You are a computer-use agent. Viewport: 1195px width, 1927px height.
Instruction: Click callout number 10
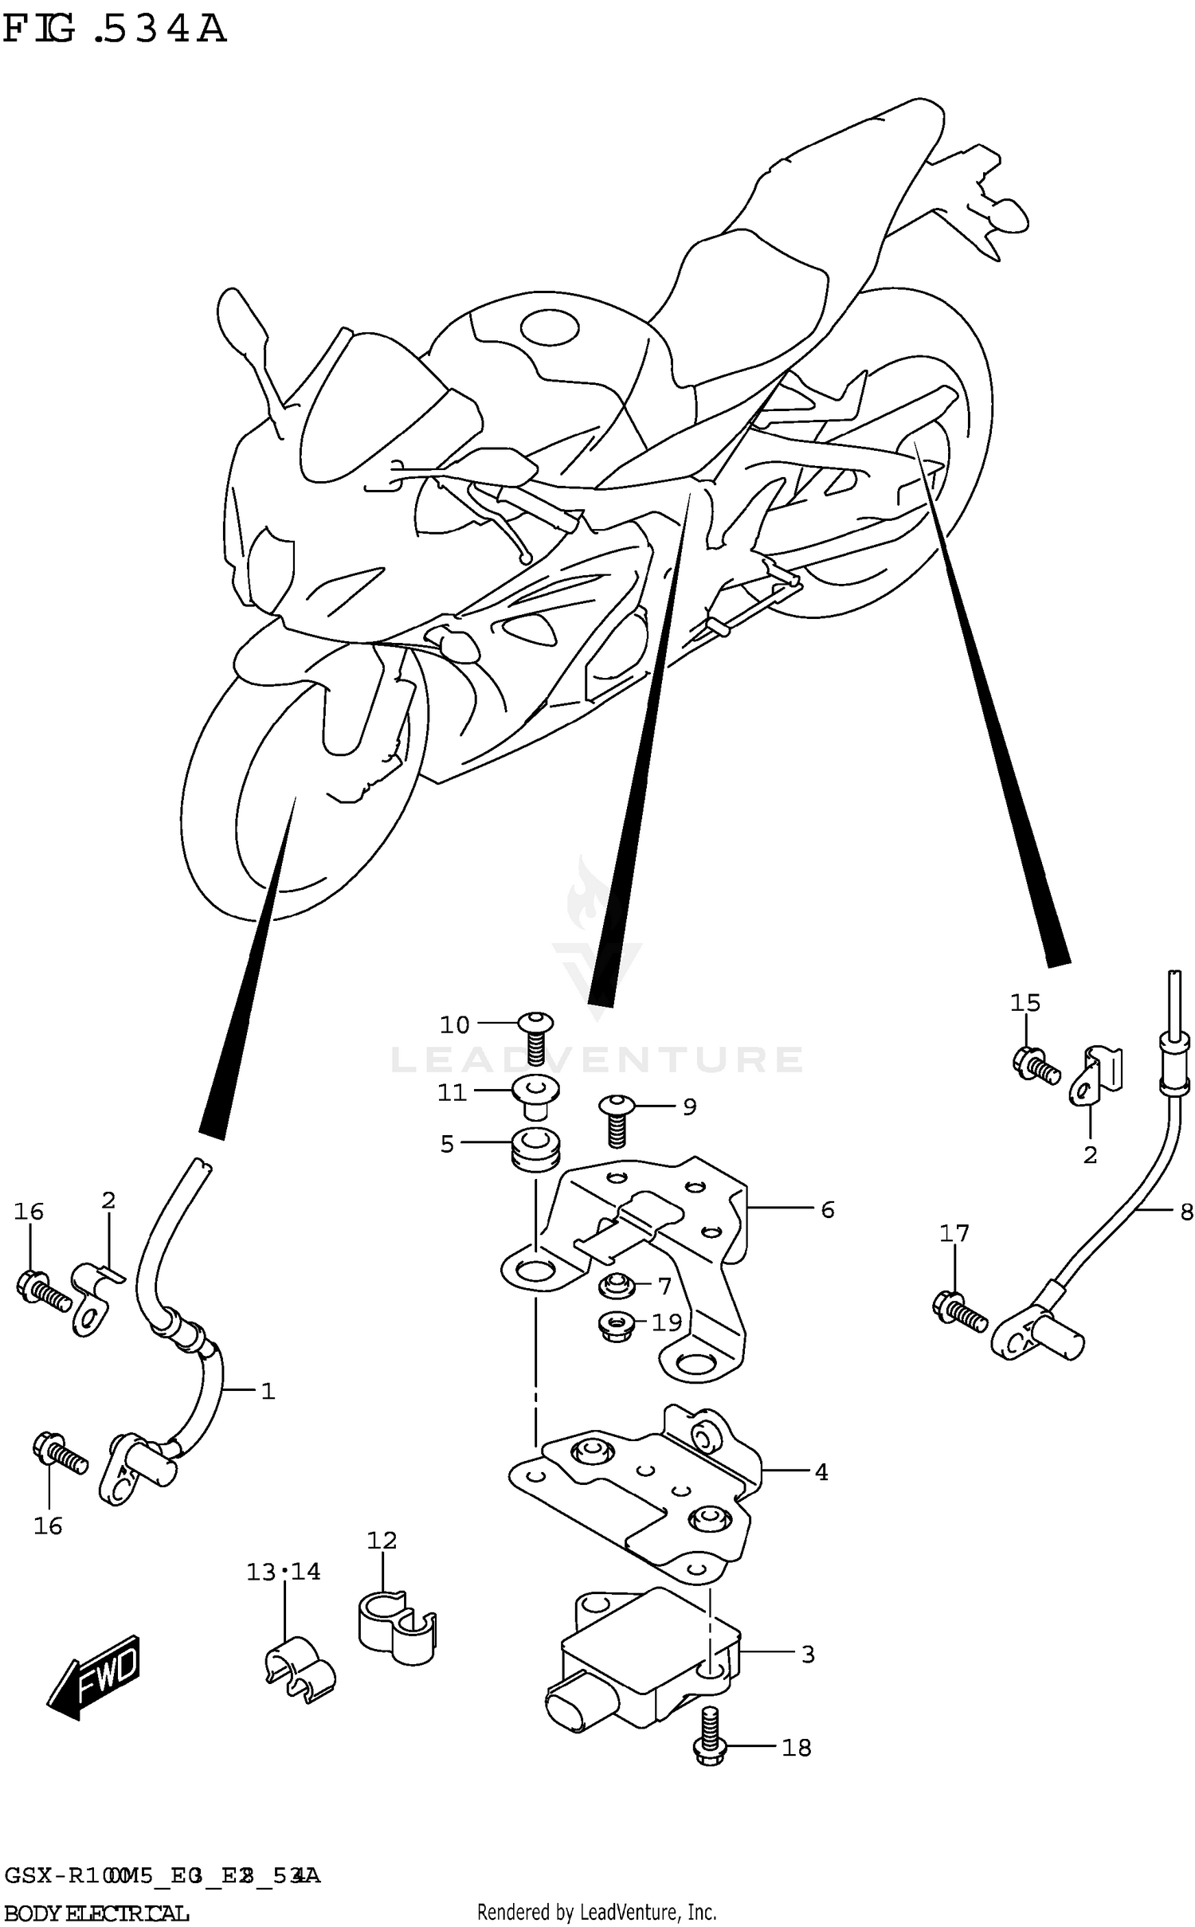[455, 1025]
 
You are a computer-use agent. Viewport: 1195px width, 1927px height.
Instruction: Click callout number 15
[1025, 1002]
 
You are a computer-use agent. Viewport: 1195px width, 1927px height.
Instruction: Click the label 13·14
[283, 1572]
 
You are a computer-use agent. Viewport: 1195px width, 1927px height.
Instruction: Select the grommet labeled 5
[535, 1152]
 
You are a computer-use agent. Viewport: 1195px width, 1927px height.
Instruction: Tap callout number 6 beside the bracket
[828, 1210]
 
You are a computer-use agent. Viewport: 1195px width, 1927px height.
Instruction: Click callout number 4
[821, 1472]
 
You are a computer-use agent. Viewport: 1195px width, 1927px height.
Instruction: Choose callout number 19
[667, 1322]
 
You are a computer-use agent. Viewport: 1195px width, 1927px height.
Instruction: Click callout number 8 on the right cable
[1185, 1212]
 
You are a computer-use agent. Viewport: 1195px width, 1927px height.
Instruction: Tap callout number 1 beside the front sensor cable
[268, 1392]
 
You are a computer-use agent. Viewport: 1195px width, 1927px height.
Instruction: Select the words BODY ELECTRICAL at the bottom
[96, 1912]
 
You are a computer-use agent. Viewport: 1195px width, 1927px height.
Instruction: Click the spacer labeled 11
[535, 1092]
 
